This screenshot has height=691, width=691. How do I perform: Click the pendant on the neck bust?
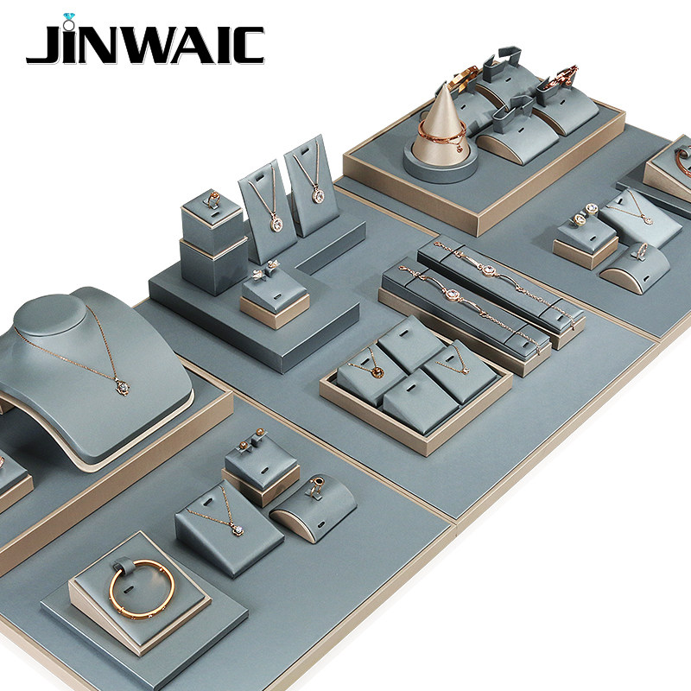click(123, 386)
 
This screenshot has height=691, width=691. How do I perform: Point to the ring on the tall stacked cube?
click(213, 199)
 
